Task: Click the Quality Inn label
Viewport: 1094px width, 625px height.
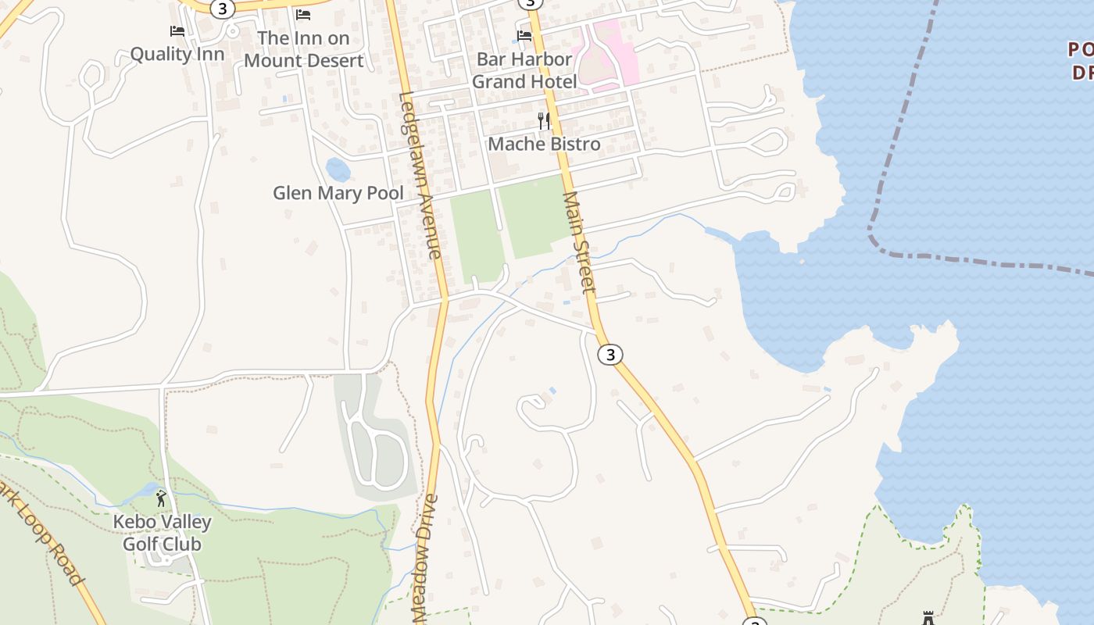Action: tap(177, 54)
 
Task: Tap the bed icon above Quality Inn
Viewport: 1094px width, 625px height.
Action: tap(177, 31)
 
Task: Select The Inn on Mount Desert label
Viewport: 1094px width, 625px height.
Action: tap(303, 48)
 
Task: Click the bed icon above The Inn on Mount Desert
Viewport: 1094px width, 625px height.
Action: tap(303, 14)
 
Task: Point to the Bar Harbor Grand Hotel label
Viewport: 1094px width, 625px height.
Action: tap(524, 70)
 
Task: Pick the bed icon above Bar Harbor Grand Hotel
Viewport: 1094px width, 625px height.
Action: tap(524, 35)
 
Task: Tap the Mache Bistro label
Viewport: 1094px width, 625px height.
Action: tap(544, 144)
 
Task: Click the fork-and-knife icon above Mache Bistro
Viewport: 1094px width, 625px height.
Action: tap(544, 120)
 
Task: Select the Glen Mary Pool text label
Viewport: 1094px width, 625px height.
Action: tap(338, 193)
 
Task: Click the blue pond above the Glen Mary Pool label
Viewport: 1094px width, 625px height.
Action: tap(338, 169)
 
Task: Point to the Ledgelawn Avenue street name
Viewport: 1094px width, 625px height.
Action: tap(421, 176)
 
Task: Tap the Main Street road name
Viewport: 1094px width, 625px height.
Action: tap(579, 242)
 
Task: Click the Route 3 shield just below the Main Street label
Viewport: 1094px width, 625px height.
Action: tap(610, 355)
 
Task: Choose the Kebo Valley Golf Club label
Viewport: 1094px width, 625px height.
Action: tap(163, 533)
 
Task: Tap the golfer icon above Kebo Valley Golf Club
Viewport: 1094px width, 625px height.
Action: tap(162, 498)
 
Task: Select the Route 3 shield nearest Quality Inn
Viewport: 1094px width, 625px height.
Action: tap(223, 9)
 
